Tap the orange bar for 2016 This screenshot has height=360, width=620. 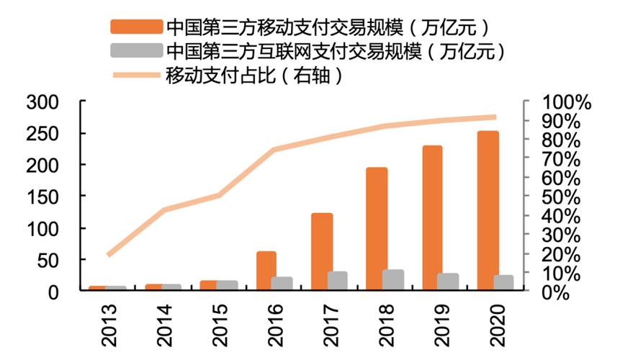point(266,270)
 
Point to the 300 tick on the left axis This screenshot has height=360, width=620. point(42,102)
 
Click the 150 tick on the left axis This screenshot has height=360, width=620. point(42,197)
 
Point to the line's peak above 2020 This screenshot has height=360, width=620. point(495,117)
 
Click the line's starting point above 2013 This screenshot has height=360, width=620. point(108,255)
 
